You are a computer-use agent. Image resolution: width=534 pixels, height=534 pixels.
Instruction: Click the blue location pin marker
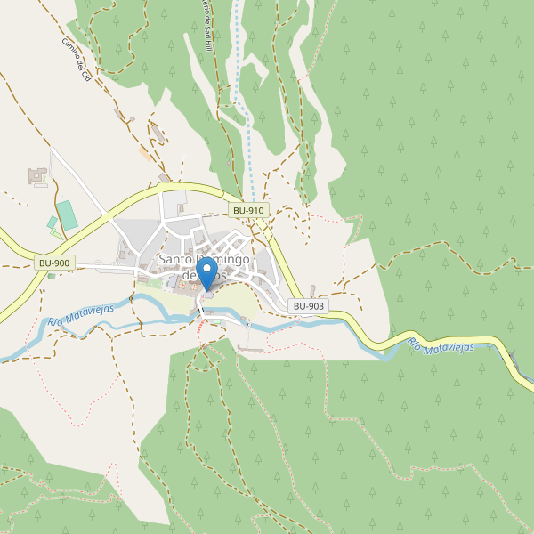click(206, 272)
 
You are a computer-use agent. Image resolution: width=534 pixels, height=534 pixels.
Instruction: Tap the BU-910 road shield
click(248, 210)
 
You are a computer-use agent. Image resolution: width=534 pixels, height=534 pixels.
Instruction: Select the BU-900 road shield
click(54, 263)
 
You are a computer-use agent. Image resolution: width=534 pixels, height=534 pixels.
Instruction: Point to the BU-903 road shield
click(309, 306)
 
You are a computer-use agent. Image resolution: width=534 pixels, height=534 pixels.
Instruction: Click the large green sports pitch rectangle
click(67, 214)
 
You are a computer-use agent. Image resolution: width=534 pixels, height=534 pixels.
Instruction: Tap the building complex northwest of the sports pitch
click(38, 175)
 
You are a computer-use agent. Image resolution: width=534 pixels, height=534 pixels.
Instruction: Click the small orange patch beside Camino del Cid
click(144, 152)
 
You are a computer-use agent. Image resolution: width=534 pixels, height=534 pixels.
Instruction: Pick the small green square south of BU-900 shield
click(51, 276)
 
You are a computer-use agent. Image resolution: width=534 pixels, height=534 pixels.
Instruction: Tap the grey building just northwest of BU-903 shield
click(313, 290)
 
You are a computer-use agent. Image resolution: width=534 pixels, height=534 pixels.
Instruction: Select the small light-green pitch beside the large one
click(52, 222)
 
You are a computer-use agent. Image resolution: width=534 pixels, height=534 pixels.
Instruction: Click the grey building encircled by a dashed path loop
click(158, 134)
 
